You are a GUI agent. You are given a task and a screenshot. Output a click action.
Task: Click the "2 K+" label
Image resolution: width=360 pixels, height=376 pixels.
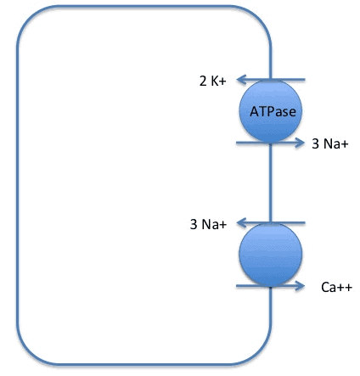coord(213,81)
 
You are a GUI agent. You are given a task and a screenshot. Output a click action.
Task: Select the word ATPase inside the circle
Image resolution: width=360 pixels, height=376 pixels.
coord(273,111)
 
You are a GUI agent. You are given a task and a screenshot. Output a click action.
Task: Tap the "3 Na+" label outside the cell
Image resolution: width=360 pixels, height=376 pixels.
coord(330,143)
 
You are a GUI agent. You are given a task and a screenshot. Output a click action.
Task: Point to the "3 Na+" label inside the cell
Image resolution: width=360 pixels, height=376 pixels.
coord(208,224)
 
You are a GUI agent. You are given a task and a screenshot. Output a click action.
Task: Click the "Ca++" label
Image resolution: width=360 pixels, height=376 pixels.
coord(337,287)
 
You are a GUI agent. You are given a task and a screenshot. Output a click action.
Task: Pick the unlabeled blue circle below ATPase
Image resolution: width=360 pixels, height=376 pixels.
coord(271,255)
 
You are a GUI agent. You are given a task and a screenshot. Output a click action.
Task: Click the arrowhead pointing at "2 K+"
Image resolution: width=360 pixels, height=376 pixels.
coord(241,80)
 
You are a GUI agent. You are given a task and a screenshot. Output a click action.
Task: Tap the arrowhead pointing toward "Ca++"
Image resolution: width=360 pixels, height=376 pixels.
coord(300,286)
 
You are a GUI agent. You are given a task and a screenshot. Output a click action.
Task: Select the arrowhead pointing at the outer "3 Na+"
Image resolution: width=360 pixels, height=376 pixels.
coord(300,143)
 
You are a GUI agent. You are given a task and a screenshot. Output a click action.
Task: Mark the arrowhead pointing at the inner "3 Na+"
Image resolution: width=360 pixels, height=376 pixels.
coord(241,223)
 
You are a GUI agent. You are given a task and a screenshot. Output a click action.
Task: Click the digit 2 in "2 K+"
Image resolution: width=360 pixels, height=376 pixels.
coord(203,81)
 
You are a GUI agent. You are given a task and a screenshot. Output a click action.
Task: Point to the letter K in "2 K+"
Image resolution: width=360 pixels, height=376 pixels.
coord(215,81)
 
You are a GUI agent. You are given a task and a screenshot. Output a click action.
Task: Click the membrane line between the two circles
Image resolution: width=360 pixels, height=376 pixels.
coord(271,182)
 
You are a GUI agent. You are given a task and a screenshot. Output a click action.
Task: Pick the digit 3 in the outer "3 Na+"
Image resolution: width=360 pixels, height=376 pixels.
coord(315,143)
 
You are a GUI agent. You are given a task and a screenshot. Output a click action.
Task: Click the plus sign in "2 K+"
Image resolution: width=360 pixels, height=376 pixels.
coord(222,81)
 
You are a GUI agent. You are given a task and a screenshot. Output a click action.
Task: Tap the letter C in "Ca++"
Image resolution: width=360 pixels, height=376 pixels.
coord(325,288)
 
